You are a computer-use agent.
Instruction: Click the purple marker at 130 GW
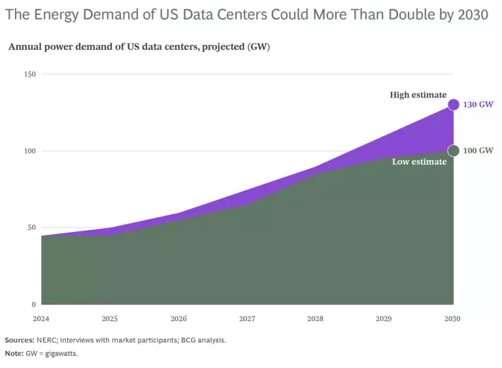453,105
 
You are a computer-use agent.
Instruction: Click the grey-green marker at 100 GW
453,151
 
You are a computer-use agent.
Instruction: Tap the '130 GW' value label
478,105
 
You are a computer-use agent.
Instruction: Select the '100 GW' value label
478,151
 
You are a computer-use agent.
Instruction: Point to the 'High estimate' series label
418,95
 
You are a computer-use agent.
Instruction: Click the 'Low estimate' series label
419,161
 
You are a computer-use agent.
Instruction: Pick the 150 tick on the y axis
29,75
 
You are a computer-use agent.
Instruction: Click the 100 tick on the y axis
29,151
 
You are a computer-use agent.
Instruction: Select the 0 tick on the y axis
33,305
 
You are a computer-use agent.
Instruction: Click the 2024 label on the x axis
41,319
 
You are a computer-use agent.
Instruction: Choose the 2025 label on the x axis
110,319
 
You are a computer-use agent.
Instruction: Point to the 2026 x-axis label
178,319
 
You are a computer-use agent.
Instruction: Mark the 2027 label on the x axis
247,319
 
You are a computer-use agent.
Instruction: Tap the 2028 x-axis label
316,319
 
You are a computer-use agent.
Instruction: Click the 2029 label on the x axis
384,319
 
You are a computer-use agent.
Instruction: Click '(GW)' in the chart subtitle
259,47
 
